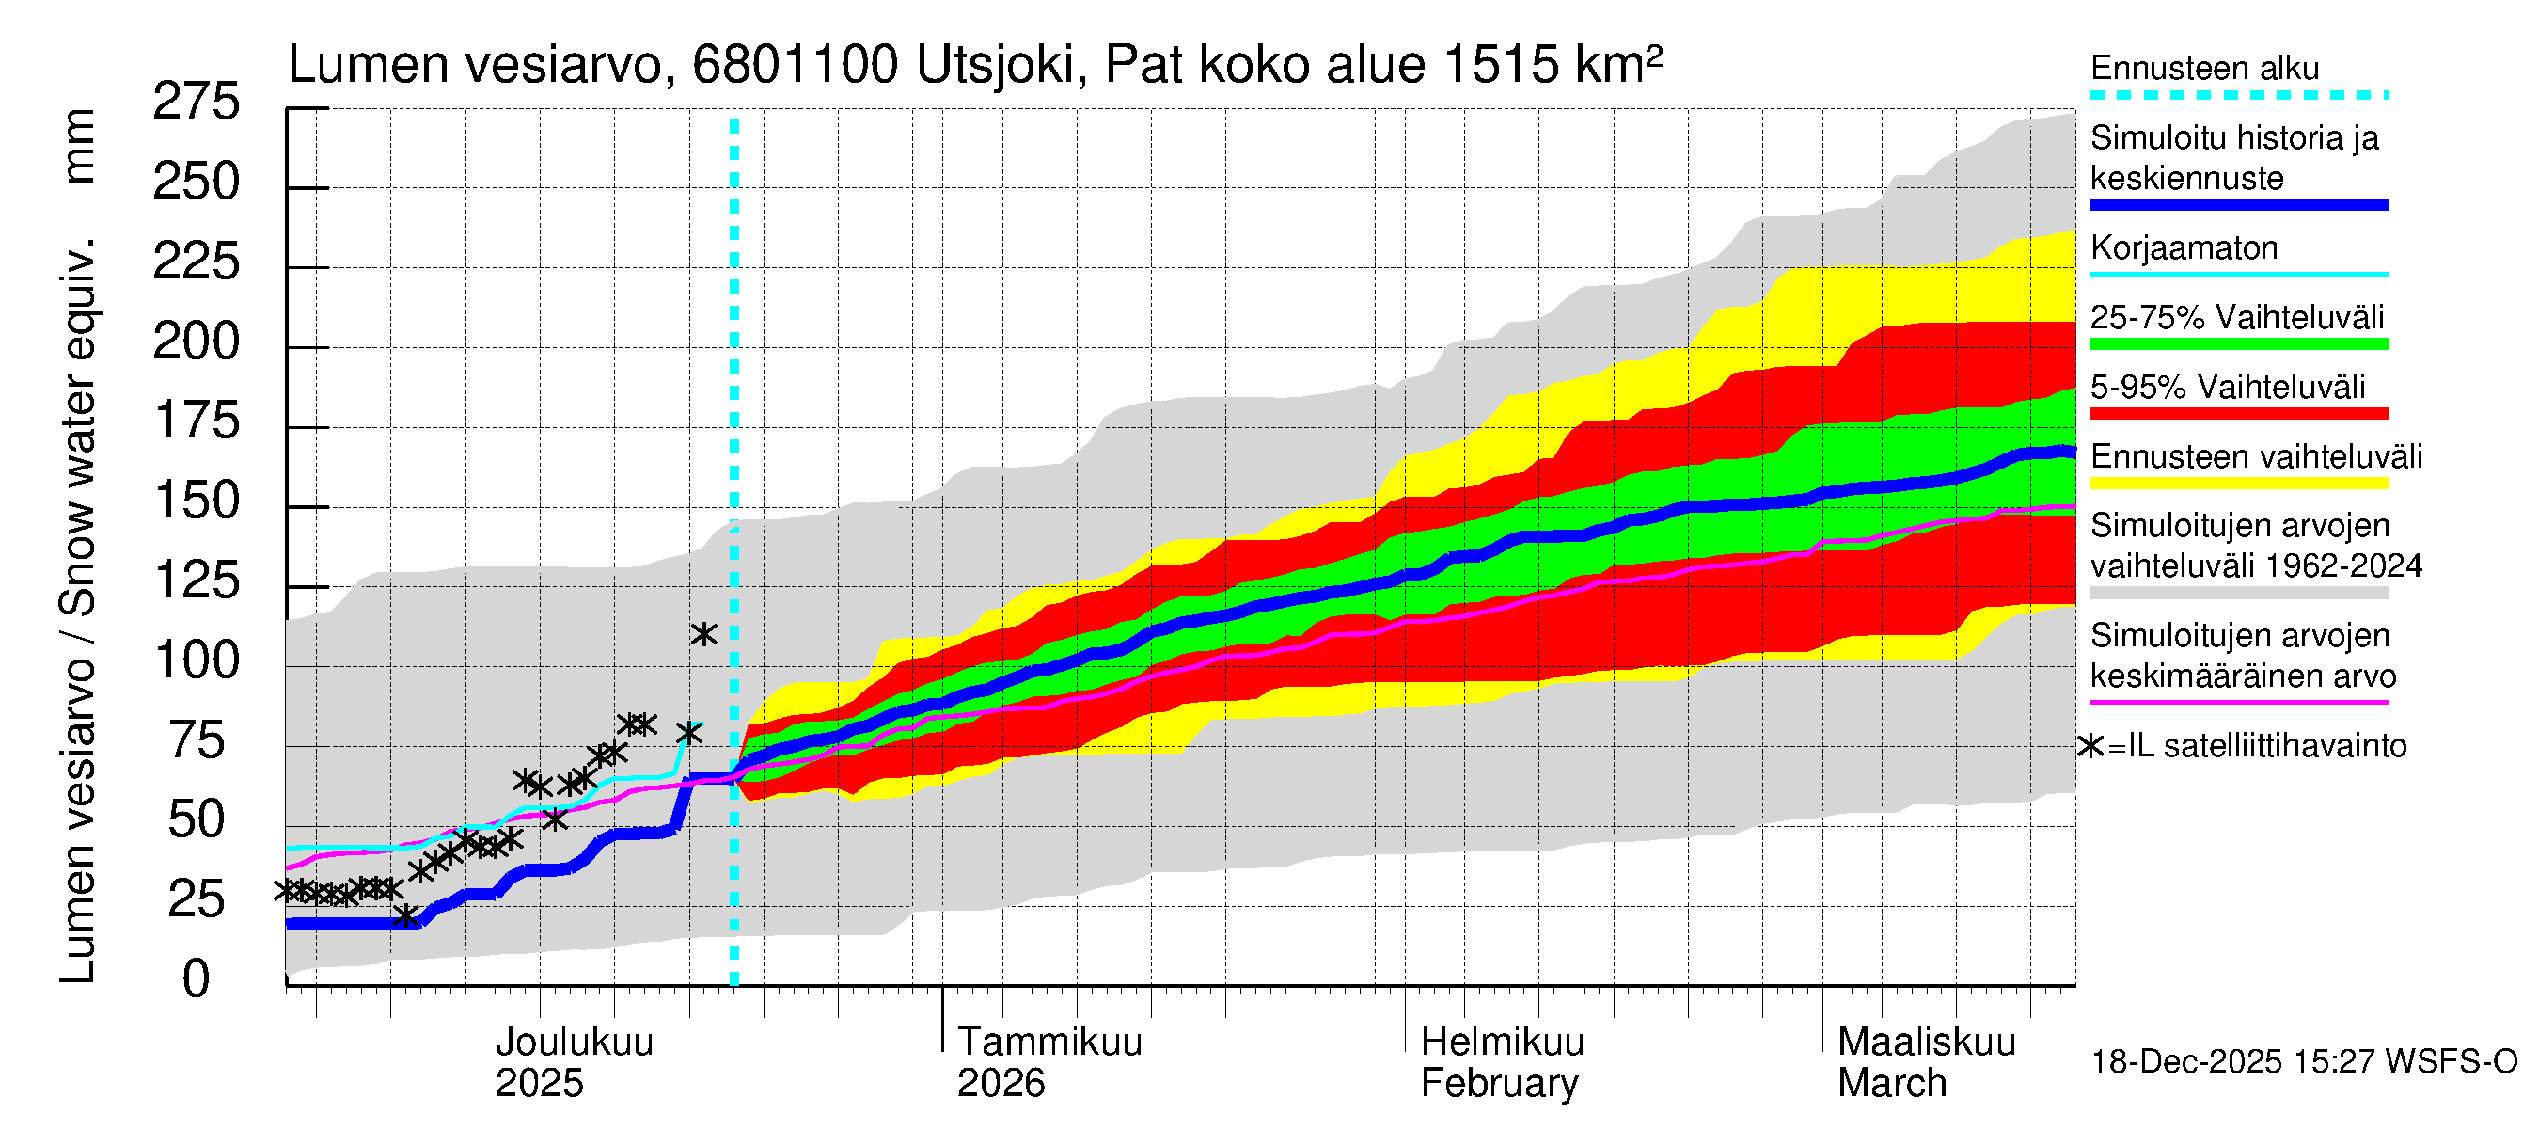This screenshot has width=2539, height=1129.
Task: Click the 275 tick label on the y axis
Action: coord(196,103)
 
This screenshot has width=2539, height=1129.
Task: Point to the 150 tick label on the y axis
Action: coord(197,501)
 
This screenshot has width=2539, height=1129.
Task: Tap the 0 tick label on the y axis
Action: coord(197,979)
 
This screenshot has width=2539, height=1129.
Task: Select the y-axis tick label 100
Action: coord(197,660)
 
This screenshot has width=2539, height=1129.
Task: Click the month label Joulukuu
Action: coord(574,1042)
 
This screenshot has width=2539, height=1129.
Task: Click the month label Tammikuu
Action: coord(1049,1042)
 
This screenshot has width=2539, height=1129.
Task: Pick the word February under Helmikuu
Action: coord(1498,1084)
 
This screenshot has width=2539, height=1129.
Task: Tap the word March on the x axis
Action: coord(1891,1084)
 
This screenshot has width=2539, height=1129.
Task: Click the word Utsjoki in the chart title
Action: coord(995,65)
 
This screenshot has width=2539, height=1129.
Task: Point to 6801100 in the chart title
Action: coord(795,65)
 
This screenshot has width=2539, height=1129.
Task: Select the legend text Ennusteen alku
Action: coord(2204,68)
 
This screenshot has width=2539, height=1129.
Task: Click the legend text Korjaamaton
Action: coord(2184,247)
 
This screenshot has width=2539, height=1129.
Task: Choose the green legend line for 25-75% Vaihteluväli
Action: coord(2238,344)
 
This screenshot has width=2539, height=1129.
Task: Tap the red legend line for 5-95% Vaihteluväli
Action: coord(2238,414)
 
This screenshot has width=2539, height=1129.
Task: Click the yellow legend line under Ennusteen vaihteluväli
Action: coord(2238,484)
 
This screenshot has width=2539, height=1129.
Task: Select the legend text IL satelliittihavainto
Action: coord(2266,745)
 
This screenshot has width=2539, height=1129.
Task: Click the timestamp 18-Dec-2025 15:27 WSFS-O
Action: coord(2303,1062)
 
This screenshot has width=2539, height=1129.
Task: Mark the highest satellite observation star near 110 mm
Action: coord(702,634)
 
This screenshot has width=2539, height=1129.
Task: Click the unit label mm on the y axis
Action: coord(79,146)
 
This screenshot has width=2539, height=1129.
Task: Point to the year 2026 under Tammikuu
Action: coord(1001,1084)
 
